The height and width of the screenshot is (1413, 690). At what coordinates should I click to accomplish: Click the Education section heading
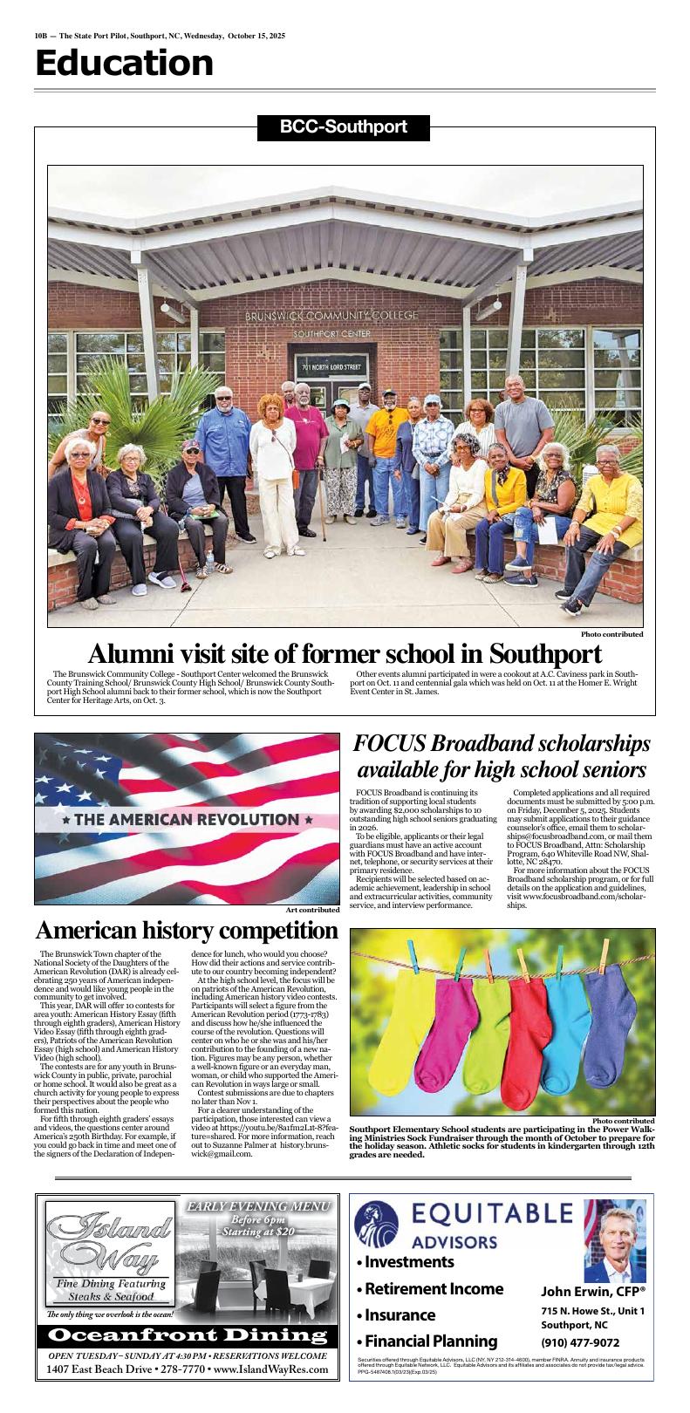[x=124, y=65]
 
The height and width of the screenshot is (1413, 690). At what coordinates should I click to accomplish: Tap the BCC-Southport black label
[x=344, y=127]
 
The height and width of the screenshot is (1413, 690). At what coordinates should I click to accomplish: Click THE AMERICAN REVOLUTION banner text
[x=187, y=820]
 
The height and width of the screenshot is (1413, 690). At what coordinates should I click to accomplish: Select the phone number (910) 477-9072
[x=581, y=1343]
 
